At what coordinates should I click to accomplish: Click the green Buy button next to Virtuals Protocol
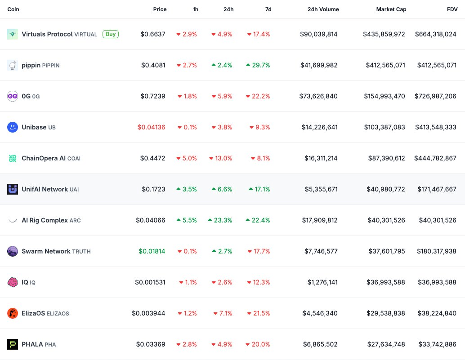coord(111,34)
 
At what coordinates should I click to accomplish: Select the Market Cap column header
coord(391,9)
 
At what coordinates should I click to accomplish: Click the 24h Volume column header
coord(323,9)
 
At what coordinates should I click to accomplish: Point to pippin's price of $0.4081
coord(153,65)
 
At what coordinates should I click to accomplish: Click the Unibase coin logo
coord(13,127)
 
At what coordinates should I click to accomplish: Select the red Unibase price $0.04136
coord(152,127)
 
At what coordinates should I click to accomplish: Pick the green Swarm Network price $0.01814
coord(152,251)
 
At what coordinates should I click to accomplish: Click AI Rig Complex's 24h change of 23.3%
coord(220,220)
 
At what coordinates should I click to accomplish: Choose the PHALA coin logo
coord(13,344)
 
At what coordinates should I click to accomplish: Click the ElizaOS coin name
coord(33,313)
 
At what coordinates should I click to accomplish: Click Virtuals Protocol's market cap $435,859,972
coord(384,34)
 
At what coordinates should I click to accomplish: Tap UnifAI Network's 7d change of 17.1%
coord(259,189)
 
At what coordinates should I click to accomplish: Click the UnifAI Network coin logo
coord(13,189)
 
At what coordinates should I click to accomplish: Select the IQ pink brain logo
coord(13,282)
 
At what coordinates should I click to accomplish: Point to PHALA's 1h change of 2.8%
coord(187,344)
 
